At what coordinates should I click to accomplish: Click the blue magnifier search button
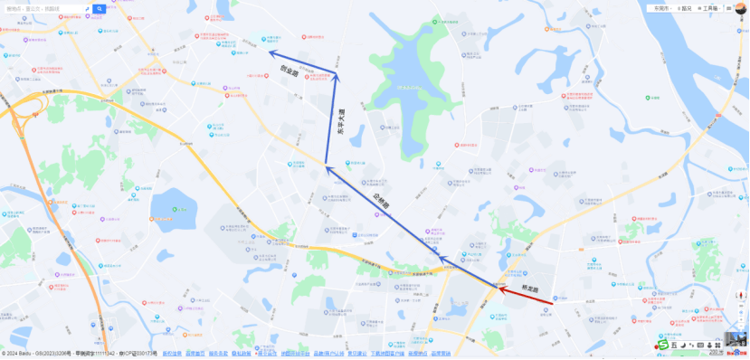point(100,9)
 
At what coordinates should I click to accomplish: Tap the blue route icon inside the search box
point(87,9)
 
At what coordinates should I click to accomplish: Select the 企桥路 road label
point(380,200)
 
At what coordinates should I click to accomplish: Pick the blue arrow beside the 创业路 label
point(303,62)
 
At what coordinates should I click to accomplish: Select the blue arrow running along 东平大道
point(332,118)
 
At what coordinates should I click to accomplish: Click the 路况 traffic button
point(683,8)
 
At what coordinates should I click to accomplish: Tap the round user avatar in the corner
point(740,7)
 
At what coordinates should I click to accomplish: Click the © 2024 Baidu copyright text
point(27,354)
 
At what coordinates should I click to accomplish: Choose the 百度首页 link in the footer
point(195,354)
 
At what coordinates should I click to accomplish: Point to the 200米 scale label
point(716,353)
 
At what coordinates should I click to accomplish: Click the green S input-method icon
point(662,345)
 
